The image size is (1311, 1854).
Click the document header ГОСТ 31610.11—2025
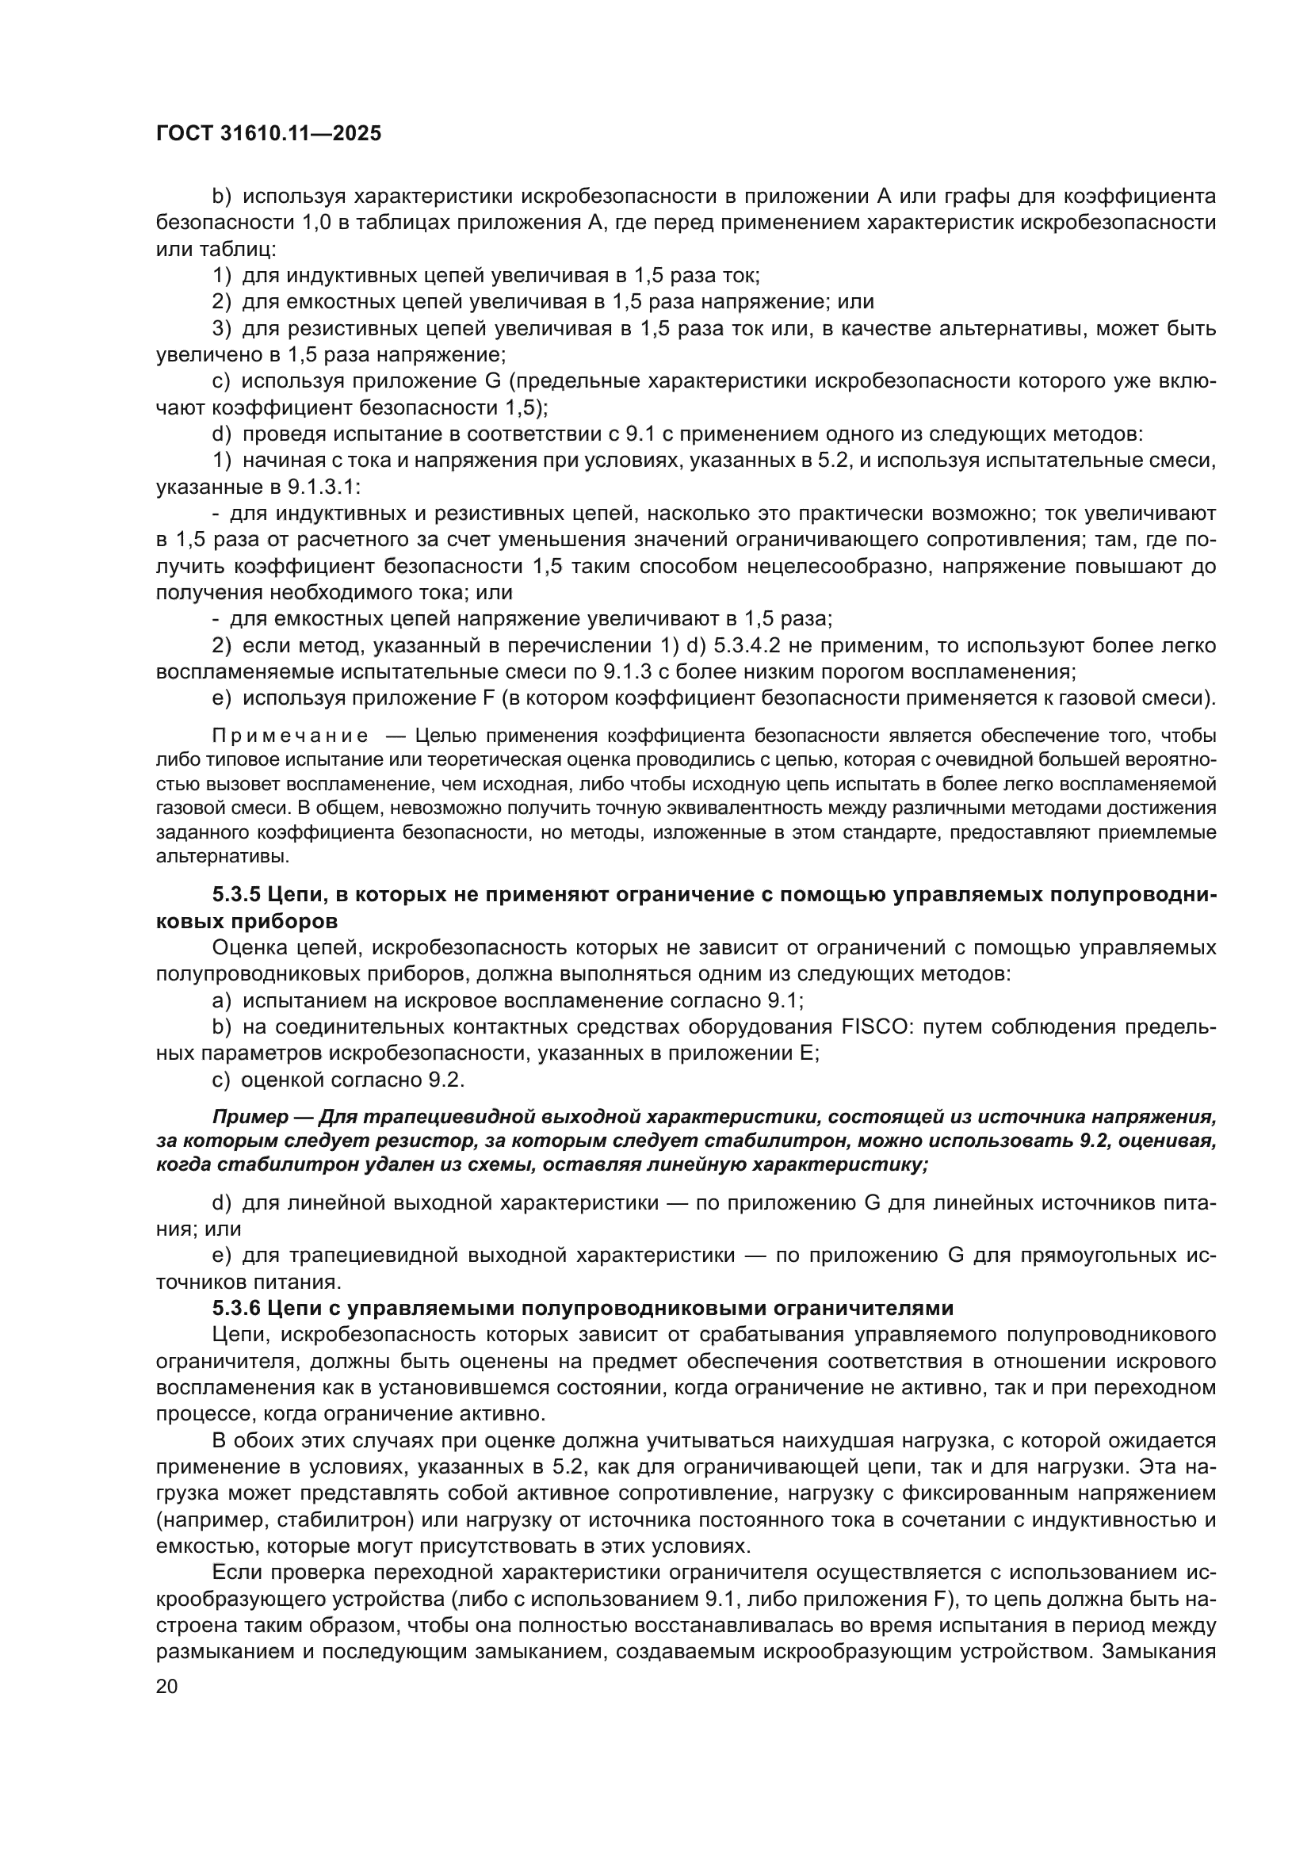pyautogui.click(x=268, y=134)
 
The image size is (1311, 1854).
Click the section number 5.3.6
pyautogui.click(x=236, y=1308)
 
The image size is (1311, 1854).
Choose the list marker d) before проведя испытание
pyautogui.click(x=222, y=434)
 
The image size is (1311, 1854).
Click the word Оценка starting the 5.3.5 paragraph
pyautogui.click(x=247, y=948)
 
